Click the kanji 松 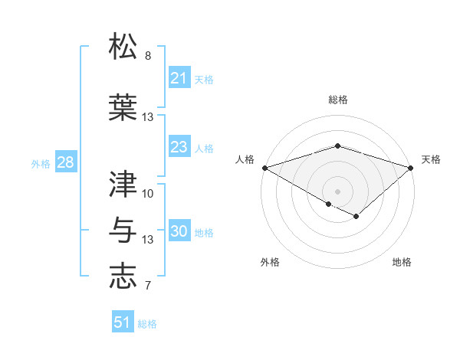tap(123, 47)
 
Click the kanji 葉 tap(123, 106)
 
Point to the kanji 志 tap(123, 276)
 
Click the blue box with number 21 tap(179, 78)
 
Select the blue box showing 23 tap(179, 147)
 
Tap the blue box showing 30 tap(179, 231)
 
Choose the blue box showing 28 tap(65, 162)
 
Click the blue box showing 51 tap(123, 322)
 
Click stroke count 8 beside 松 tap(148, 57)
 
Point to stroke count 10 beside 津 tap(148, 193)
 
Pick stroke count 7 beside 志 tap(148, 286)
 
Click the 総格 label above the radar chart tap(337, 100)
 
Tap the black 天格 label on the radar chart tap(431, 159)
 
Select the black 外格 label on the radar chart tap(270, 262)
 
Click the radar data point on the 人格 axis tap(264, 168)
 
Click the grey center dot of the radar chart tap(337, 190)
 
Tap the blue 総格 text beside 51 tap(147, 324)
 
